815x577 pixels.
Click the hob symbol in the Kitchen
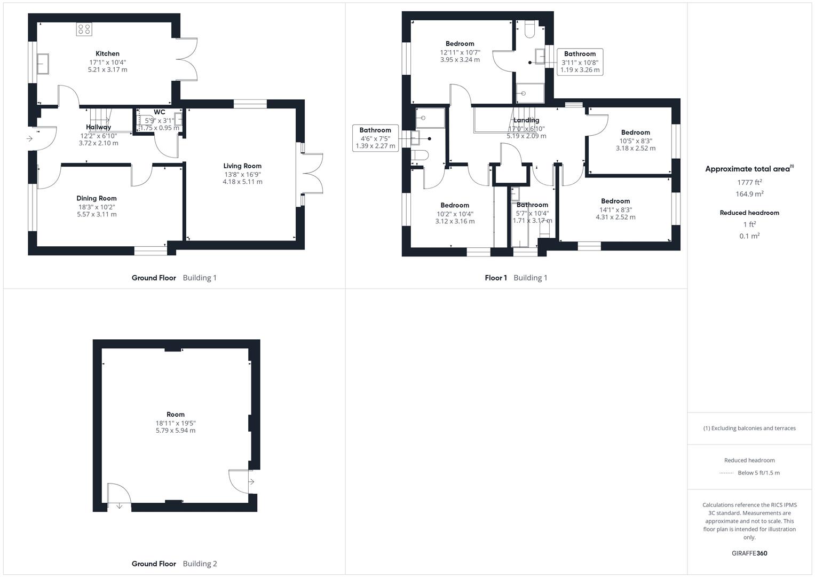(84, 29)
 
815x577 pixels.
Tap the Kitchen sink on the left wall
(43, 64)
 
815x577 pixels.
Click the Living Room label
(242, 166)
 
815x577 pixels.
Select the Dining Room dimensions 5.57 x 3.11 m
(97, 214)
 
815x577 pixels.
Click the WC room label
(159, 112)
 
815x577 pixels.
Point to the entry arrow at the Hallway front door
(29, 139)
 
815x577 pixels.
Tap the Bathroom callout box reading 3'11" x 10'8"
(580, 62)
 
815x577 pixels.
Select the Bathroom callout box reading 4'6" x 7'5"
(375, 138)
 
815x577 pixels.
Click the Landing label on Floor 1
(526, 120)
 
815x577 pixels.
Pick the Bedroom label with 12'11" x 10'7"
(460, 44)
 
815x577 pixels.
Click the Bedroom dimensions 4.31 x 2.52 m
(615, 217)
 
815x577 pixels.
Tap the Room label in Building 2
(175, 415)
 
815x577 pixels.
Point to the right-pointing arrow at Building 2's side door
(251, 482)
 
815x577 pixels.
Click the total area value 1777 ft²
(749, 182)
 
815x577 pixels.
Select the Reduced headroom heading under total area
(749, 213)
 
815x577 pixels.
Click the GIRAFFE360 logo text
(749, 553)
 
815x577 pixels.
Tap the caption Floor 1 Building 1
(516, 278)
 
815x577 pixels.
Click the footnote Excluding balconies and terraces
(749, 428)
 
